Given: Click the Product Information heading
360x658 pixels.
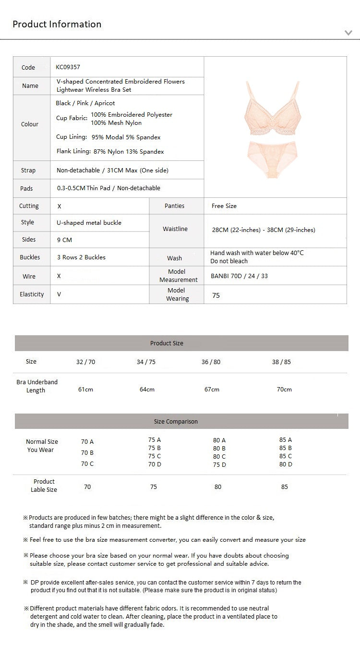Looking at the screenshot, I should (x=57, y=24).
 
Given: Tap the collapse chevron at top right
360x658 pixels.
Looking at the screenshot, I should (x=348, y=33).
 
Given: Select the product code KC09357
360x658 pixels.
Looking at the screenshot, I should (x=68, y=67).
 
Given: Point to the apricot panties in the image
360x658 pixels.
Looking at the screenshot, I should (x=272, y=158).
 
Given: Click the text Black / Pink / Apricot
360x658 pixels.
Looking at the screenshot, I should (x=85, y=103).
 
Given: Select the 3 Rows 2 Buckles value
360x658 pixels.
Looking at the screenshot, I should (x=81, y=257).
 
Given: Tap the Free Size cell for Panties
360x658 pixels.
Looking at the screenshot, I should (x=224, y=206).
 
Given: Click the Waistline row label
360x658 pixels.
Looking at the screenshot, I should (x=175, y=229).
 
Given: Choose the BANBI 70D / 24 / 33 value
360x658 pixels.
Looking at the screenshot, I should (x=239, y=276).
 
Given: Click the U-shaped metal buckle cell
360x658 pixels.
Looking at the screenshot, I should (x=89, y=222).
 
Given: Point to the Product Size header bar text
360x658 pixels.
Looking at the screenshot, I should (x=167, y=343).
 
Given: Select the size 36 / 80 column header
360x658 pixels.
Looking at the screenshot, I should (x=211, y=362).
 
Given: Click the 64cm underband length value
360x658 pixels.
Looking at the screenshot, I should (x=147, y=389).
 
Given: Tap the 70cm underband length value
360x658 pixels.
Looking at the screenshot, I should (x=284, y=389).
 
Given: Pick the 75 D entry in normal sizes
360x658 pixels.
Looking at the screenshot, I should (x=219, y=464).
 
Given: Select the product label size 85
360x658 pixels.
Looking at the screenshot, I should (x=285, y=487).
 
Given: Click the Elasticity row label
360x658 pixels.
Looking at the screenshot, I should (x=32, y=294).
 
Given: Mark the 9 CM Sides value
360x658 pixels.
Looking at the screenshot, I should (x=64, y=240).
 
